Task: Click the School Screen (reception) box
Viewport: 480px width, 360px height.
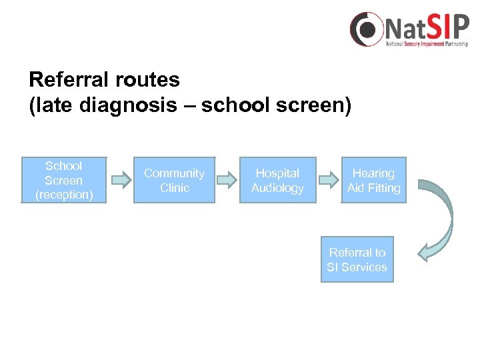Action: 64,180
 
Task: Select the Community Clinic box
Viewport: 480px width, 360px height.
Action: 175,180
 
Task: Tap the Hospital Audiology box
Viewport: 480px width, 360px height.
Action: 277,180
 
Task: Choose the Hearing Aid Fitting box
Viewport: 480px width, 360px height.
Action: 373,180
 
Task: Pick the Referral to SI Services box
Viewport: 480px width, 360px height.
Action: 357,259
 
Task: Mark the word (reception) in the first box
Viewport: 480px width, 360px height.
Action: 64,195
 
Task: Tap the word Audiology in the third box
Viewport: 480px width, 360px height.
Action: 277,188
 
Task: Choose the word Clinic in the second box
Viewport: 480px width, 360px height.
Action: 175,188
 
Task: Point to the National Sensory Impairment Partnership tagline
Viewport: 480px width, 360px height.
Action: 427,45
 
